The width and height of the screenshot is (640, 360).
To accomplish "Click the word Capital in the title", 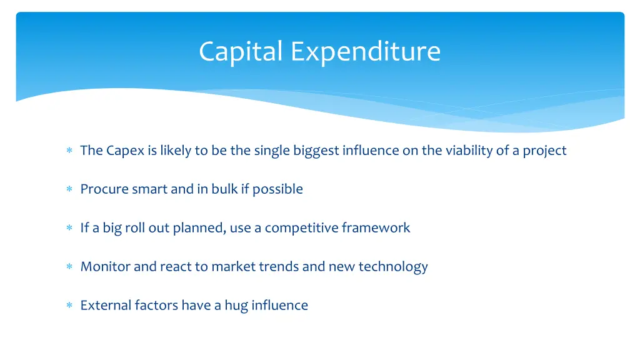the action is point(241,51).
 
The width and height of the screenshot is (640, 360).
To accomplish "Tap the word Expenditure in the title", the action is point(366,51).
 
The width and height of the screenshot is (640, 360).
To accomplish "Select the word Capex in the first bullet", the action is point(125,151).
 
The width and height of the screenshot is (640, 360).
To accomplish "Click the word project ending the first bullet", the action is point(544,151).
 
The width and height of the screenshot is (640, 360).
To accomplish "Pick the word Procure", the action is point(104,189).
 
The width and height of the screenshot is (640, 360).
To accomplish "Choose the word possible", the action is point(277,189).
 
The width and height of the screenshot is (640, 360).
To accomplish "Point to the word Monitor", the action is point(105,266).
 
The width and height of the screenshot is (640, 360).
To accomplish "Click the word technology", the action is point(393,266).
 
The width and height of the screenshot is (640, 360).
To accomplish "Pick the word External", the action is point(105,305).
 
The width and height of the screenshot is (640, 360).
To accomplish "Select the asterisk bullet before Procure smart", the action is point(69,189).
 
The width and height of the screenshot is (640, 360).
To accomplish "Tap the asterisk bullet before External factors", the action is point(69,305).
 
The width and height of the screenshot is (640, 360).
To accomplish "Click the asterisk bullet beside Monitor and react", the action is point(69,266).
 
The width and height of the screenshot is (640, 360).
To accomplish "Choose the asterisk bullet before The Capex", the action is point(69,150).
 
